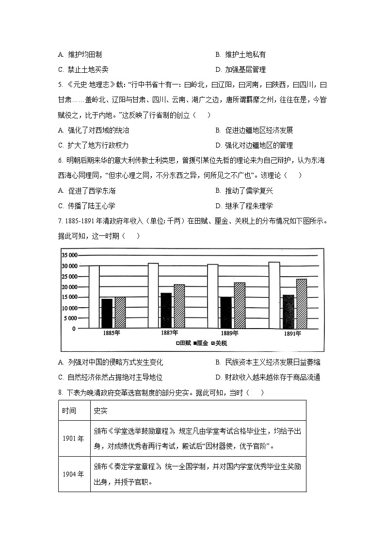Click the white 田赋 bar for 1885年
[x=94, y=297]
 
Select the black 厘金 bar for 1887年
[x=166, y=311]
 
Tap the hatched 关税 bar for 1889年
[x=240, y=305]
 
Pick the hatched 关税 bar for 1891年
[x=301, y=303]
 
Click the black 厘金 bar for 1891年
[x=288, y=312]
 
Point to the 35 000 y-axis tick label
[x=69, y=255]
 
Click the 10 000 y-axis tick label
[x=69, y=308]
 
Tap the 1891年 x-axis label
[x=291, y=334]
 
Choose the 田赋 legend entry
[x=183, y=343]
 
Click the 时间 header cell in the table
[x=69, y=411]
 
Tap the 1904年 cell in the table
[x=73, y=474]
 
